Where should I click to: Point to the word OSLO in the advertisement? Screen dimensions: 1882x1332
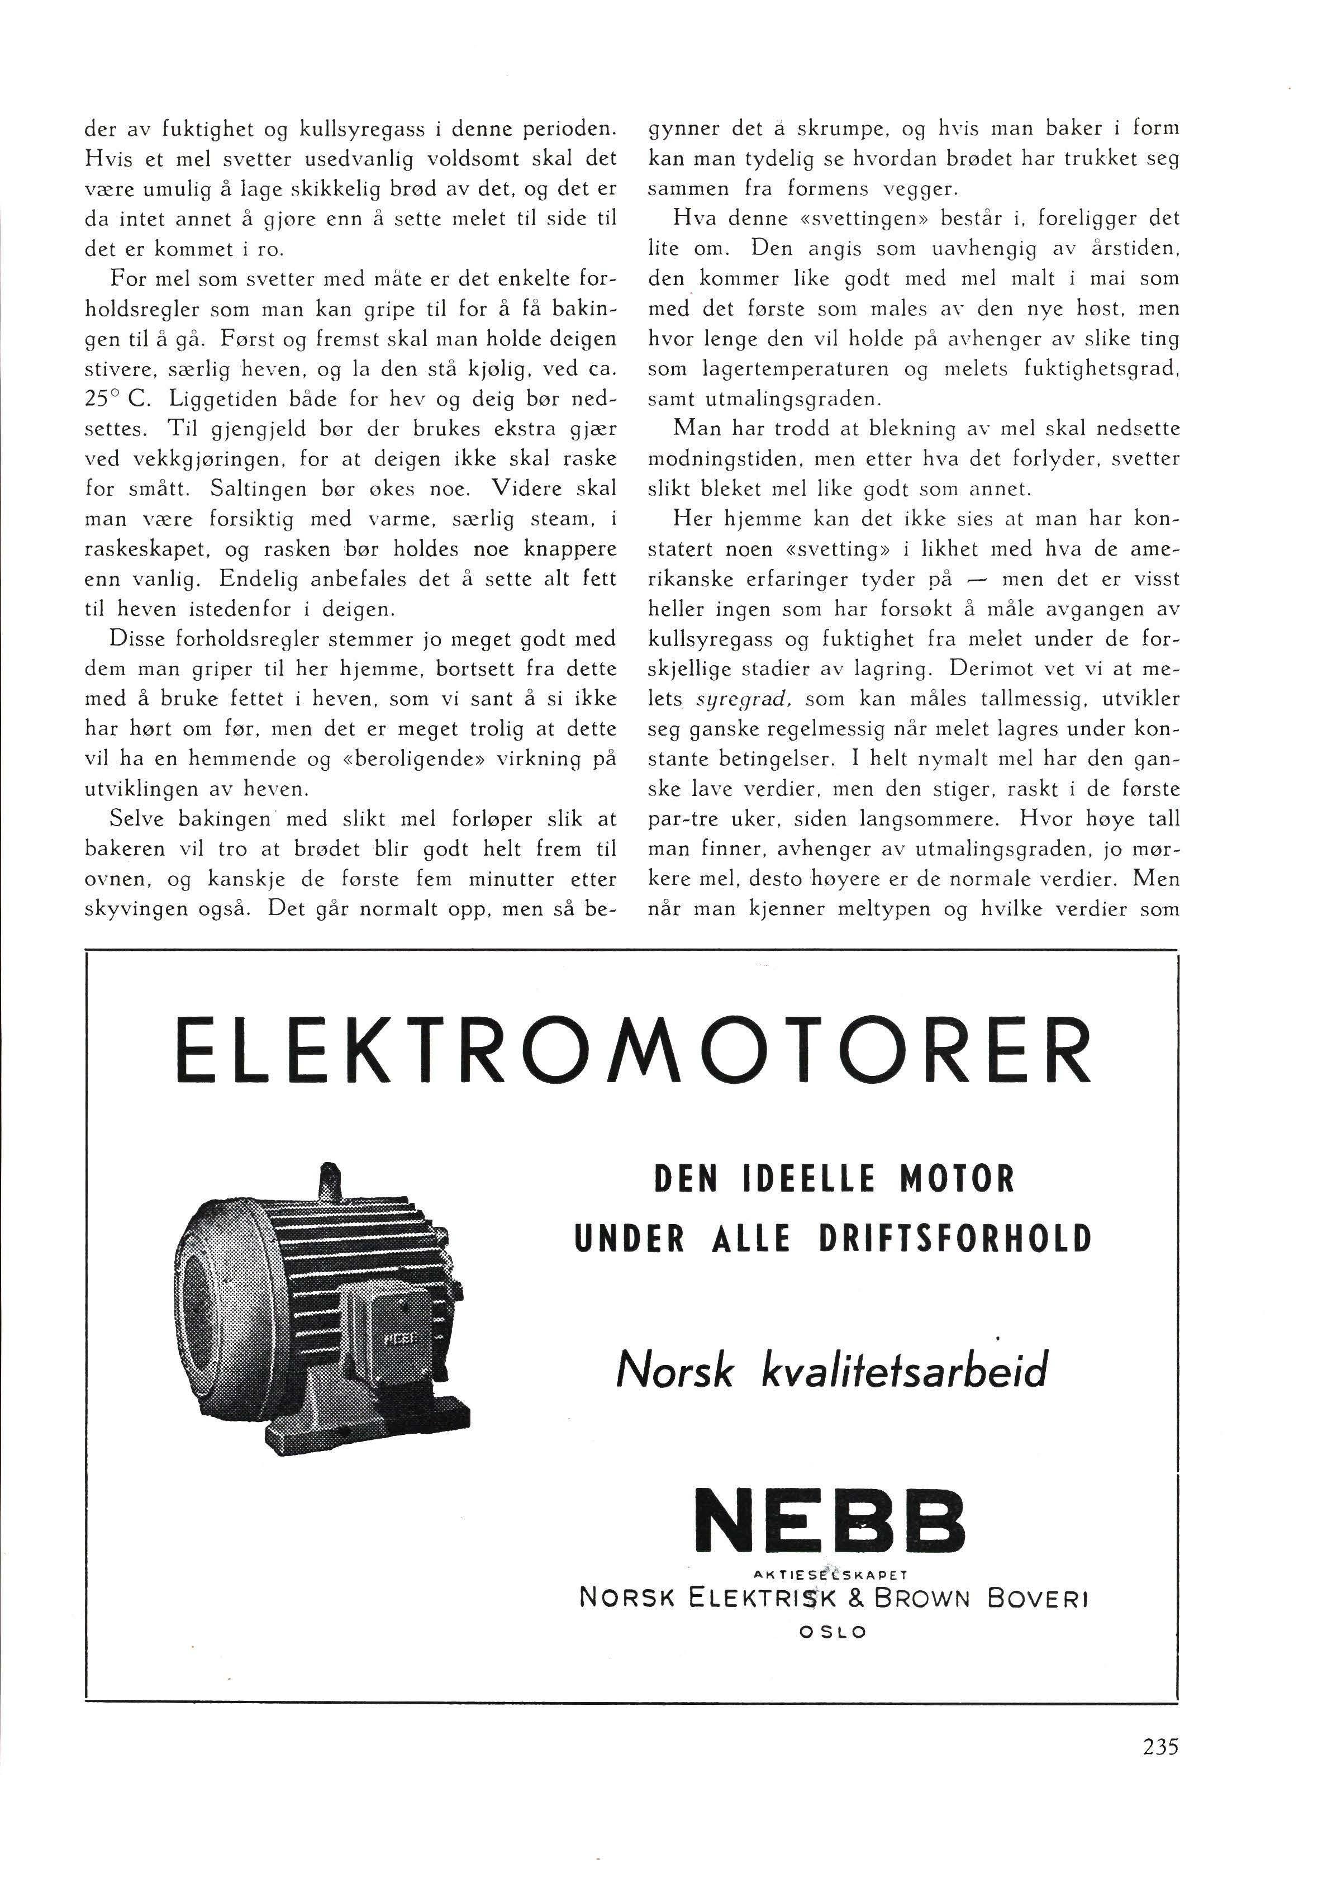[832, 1632]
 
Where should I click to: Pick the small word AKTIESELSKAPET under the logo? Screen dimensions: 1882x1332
[833, 1575]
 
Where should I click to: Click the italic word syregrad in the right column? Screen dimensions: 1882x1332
[743, 699]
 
